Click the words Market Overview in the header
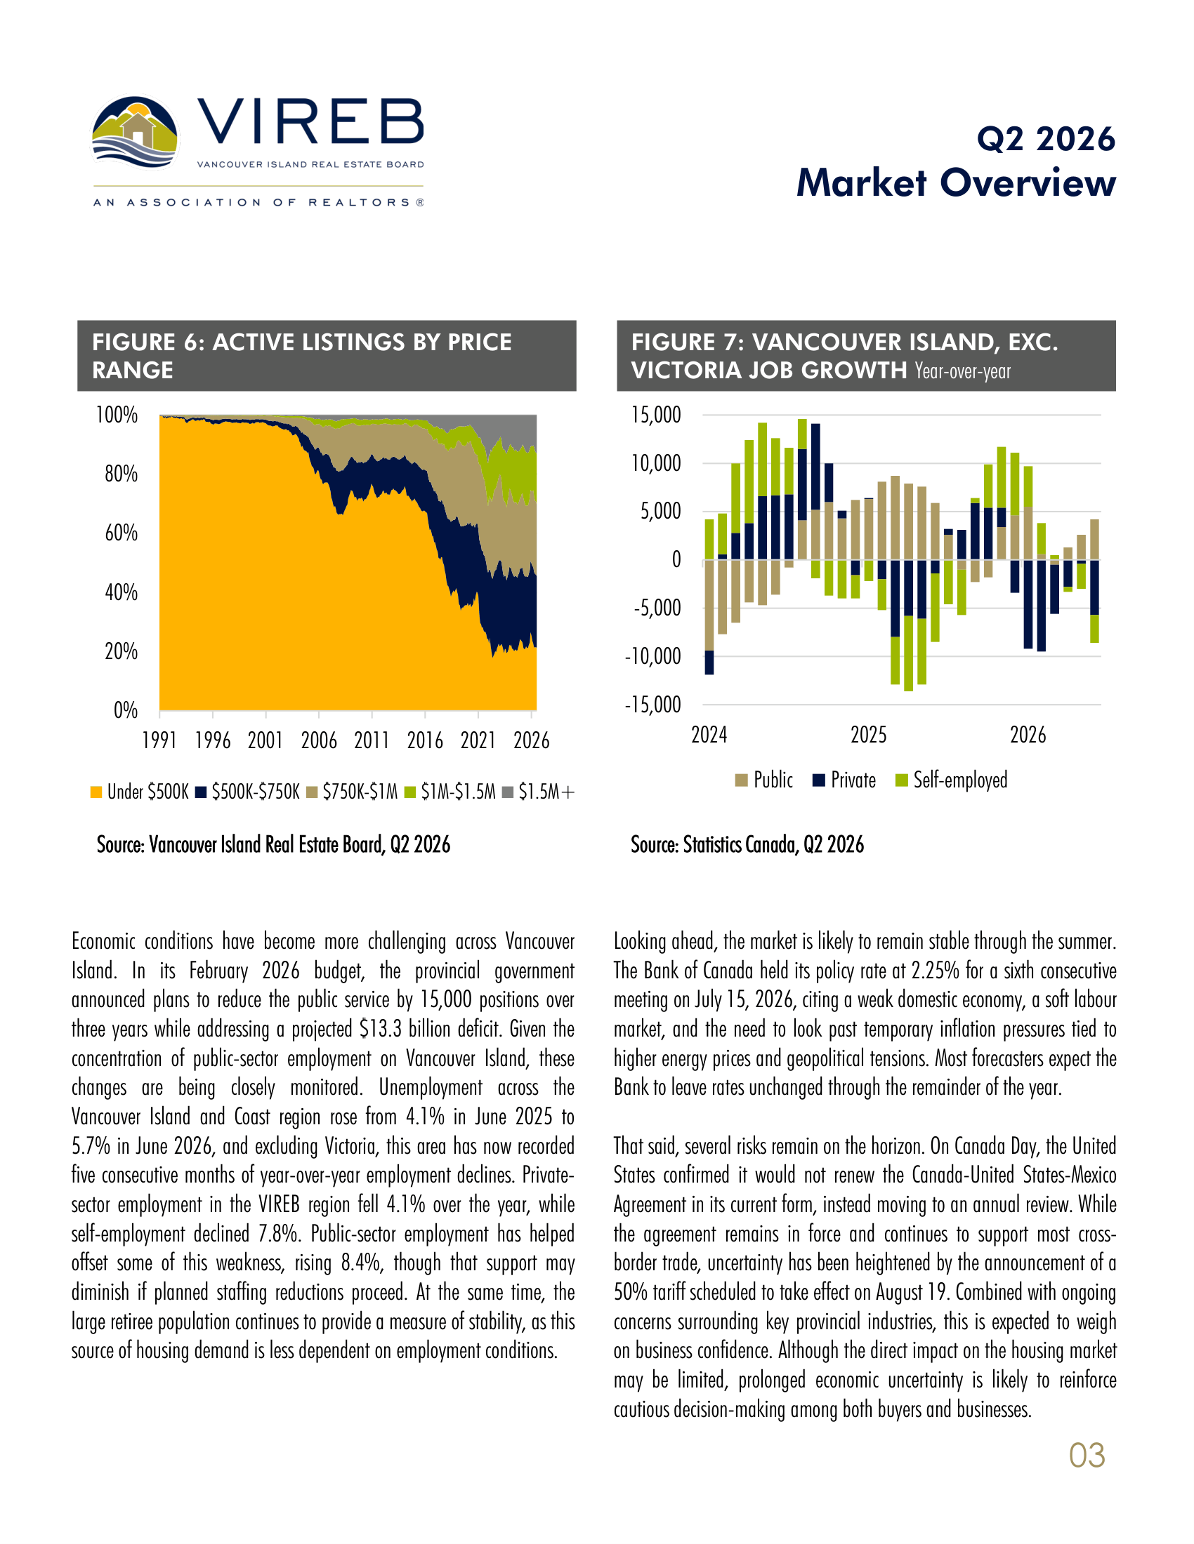(x=956, y=182)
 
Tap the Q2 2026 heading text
(x=1047, y=138)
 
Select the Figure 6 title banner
(x=327, y=356)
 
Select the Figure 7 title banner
(x=866, y=356)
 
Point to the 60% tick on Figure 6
(x=121, y=533)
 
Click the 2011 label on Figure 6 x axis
(x=372, y=740)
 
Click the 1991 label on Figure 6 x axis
(x=159, y=740)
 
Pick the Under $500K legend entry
(x=139, y=792)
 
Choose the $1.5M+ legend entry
(x=538, y=792)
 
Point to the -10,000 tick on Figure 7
(x=652, y=656)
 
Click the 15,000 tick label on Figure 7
(x=656, y=415)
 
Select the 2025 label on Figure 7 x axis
(x=868, y=736)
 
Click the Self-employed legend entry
(x=952, y=780)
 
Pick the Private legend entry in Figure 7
(x=844, y=780)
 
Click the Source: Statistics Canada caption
(x=747, y=844)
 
